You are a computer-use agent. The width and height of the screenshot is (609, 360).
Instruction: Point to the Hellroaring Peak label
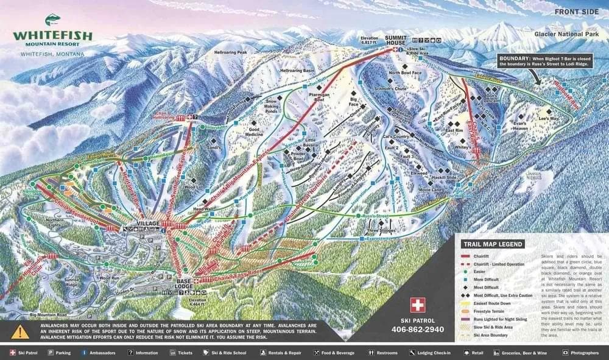click(230, 52)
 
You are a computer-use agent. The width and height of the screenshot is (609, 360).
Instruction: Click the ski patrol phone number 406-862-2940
click(417, 330)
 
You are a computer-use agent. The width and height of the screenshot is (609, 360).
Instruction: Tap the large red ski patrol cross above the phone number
click(417, 305)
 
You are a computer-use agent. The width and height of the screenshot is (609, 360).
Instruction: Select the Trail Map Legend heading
click(492, 244)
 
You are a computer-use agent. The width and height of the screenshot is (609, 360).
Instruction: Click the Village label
click(148, 224)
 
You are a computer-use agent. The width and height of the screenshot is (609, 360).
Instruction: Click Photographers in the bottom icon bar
click(585, 353)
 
